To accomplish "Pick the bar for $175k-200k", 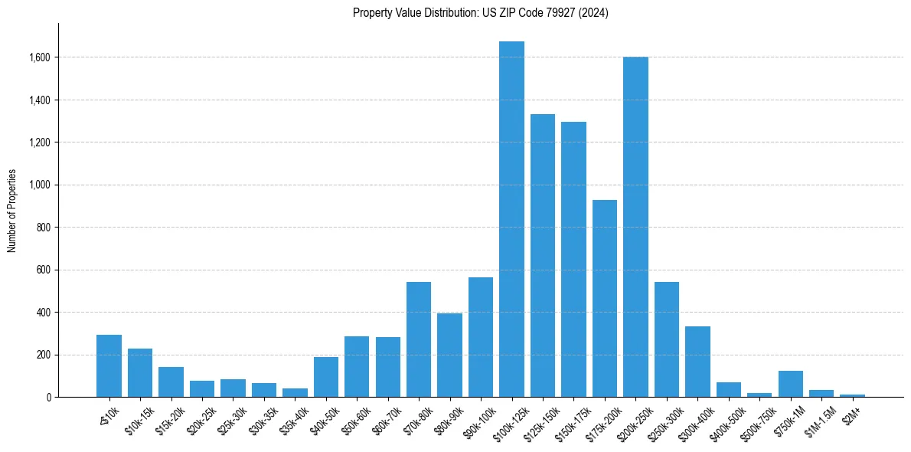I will click(x=605, y=298).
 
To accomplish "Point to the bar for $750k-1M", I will click(x=791, y=384).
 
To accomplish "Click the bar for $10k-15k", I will click(x=140, y=372).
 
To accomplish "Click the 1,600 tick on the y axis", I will click(x=40, y=57).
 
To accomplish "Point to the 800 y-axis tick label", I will click(x=44, y=228).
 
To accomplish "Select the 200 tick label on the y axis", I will click(x=44, y=355).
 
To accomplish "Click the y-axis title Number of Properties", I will click(x=11, y=211).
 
